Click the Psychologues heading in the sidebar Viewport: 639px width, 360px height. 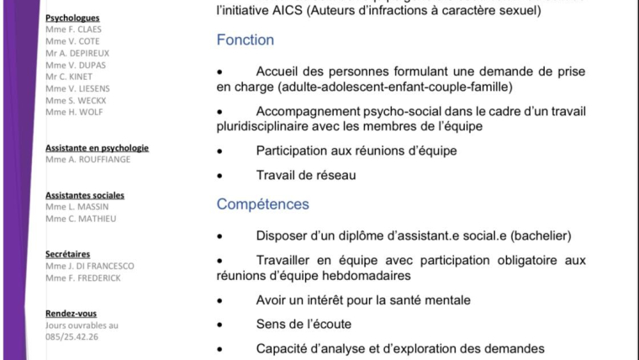pyautogui.click(x=72, y=18)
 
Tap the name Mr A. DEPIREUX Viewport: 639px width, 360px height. pyautogui.click(x=77, y=53)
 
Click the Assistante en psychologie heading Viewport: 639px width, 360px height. pyautogui.click(x=97, y=148)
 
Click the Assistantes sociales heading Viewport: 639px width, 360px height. pyautogui.click(x=85, y=195)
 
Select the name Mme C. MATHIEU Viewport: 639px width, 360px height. pyautogui.click(x=81, y=219)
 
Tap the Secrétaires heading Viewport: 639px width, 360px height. pyautogui.click(x=68, y=254)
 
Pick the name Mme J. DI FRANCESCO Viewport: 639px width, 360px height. pyautogui.click(x=90, y=266)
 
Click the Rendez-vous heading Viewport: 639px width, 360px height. pyautogui.click(x=71, y=314)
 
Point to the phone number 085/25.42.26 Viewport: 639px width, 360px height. pyautogui.click(x=72, y=336)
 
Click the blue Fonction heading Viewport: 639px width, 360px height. pyautogui.click(x=245, y=40)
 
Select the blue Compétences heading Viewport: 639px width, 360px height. pyautogui.click(x=262, y=204)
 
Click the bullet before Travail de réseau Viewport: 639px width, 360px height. pyautogui.click(x=220, y=176)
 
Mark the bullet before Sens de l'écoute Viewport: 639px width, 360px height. pyautogui.click(x=220, y=324)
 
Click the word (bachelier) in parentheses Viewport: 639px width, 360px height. pyautogui.click(x=542, y=236)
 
